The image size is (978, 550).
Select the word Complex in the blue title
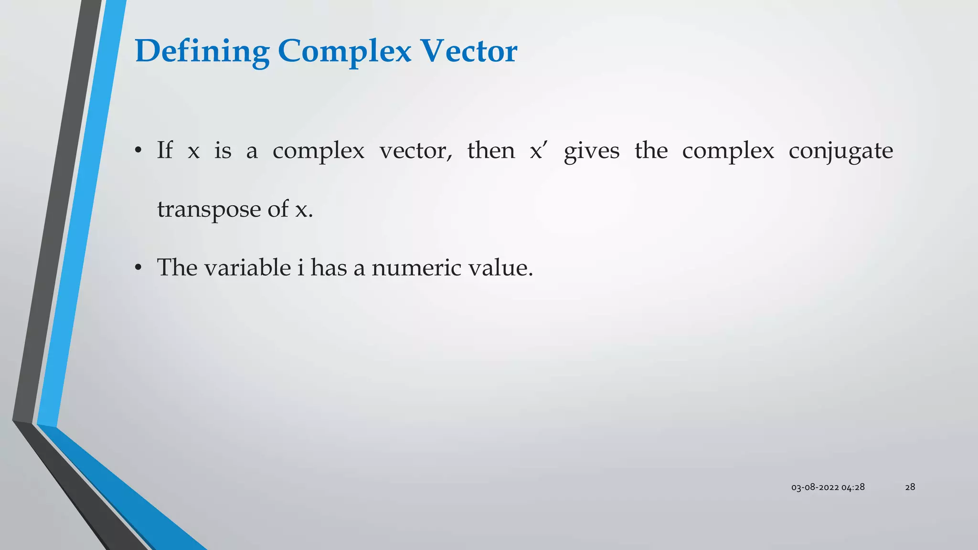click(x=344, y=51)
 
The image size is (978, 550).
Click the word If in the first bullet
click(x=165, y=150)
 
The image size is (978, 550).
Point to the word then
click(x=491, y=150)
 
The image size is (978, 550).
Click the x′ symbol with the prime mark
click(x=537, y=150)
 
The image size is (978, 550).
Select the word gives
click(x=591, y=151)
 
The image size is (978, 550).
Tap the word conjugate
click(x=840, y=151)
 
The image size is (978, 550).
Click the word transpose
click(x=209, y=210)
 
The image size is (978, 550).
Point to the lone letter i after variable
click(x=300, y=267)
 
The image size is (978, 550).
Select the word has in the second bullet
click(x=329, y=267)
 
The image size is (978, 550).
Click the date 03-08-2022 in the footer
click(x=815, y=487)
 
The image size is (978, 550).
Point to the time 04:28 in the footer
click(x=853, y=487)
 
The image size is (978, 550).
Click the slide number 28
click(x=910, y=487)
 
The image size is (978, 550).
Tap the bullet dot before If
click(x=138, y=151)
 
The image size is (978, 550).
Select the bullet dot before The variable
click(x=138, y=268)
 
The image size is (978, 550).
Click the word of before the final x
click(x=277, y=209)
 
